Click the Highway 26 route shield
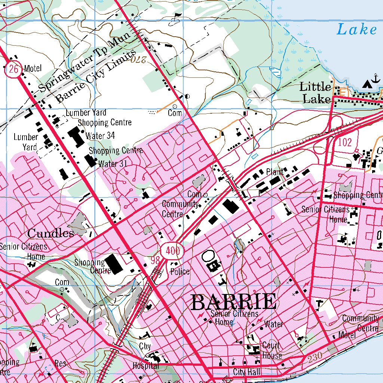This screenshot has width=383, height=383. [13, 69]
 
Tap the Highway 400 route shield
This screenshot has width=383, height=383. [172, 251]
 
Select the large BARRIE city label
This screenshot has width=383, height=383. [234, 302]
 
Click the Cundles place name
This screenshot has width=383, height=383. [50, 234]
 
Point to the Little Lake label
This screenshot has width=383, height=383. [315, 93]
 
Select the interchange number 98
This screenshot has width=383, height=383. [156, 261]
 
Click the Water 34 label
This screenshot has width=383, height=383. [100, 136]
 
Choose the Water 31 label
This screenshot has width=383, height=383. [111, 163]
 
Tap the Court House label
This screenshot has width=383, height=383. [272, 350]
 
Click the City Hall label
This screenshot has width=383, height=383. [246, 372]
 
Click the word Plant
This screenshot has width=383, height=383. [275, 172]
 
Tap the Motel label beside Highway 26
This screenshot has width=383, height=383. [33, 68]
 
